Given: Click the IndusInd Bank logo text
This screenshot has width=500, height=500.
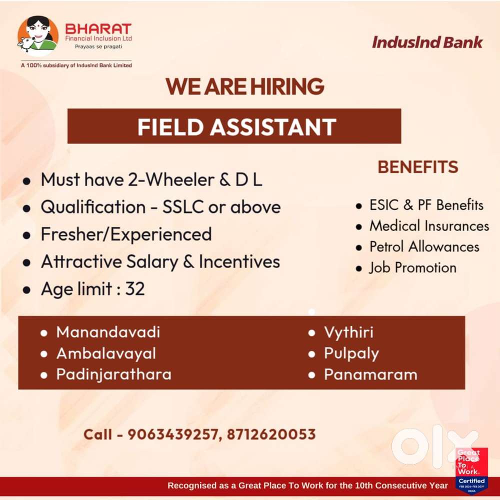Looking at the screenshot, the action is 427,42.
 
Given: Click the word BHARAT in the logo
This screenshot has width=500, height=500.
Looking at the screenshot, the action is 98,29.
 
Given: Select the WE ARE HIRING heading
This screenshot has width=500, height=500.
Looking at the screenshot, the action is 244,86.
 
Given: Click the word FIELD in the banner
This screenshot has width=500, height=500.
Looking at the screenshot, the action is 170,127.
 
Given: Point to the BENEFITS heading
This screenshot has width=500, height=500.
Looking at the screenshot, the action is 417,167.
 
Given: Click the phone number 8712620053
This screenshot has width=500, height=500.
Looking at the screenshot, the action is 271,434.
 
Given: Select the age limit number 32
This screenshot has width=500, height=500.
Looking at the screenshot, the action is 135,288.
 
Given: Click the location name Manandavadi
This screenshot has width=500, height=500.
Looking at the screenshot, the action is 108,332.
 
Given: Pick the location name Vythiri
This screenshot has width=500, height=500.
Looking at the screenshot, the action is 348,333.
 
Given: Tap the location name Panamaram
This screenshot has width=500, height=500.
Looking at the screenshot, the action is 370,374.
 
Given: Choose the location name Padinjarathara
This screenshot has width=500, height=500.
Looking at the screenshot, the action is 114,374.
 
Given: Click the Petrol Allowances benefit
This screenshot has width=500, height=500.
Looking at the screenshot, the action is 424,246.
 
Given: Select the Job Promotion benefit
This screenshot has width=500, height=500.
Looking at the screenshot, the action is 413,267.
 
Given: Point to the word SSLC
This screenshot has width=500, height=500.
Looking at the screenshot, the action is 183,206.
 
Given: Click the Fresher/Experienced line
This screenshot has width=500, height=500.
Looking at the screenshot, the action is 126,234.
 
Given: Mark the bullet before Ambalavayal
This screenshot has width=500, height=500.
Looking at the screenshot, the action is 44,354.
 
